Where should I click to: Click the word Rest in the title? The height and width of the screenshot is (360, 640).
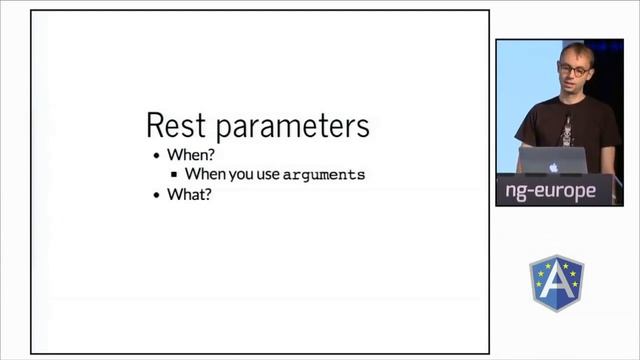[x=177, y=127]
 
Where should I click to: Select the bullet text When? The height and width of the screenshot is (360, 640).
[x=190, y=155]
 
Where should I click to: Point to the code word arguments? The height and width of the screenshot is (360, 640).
[x=324, y=174]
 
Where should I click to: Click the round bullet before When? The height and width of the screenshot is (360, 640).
[x=156, y=156]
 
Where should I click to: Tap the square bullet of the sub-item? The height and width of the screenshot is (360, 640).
[x=174, y=175]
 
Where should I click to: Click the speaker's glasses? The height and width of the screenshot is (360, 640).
[x=574, y=70]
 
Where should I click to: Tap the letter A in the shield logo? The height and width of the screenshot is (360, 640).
[x=557, y=283]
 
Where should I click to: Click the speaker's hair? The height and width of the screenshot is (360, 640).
[x=574, y=51]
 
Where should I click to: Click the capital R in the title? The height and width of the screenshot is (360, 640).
[x=156, y=127]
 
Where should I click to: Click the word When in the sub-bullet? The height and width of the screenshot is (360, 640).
[x=205, y=174]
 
